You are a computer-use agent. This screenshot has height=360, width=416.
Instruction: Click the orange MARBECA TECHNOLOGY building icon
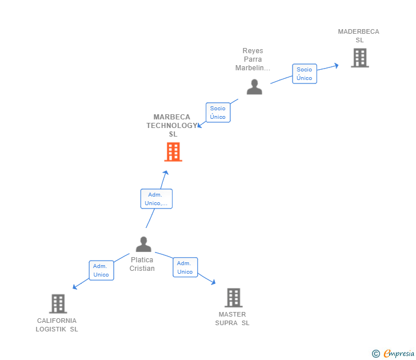[173, 152]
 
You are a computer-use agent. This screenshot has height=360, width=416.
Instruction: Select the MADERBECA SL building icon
[359, 58]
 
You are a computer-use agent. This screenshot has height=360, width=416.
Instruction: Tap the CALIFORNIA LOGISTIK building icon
[58, 303]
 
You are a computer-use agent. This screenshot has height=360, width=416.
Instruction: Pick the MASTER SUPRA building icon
[233, 298]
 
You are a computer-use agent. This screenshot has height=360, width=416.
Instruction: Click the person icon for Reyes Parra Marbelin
[254, 87]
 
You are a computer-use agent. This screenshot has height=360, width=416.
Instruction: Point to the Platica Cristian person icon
[143, 245]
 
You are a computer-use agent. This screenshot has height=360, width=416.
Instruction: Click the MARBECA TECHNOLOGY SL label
[172, 125]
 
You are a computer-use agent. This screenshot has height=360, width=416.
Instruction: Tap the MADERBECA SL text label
[358, 36]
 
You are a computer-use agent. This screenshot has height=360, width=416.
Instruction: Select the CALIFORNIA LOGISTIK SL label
[57, 325]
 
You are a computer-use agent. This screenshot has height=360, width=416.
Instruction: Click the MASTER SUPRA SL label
[232, 318]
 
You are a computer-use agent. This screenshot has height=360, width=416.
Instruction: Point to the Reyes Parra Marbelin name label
[253, 59]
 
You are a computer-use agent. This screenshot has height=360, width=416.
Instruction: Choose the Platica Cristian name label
[142, 264]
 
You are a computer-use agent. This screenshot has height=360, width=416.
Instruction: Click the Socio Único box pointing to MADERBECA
[305, 74]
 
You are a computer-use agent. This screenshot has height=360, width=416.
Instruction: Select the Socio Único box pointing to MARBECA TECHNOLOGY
[218, 113]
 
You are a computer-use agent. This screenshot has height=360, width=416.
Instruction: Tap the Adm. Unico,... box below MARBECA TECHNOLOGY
[156, 199]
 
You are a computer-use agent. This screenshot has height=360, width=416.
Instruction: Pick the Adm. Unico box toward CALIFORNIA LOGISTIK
[101, 270]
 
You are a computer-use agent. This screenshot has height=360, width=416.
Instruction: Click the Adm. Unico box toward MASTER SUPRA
[185, 267]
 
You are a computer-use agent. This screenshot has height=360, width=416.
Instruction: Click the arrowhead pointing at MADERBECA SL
[337, 65]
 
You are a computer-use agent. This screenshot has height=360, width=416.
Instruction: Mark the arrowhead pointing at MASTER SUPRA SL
[213, 282]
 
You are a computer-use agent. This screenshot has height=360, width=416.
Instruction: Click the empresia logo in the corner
[394, 354]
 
